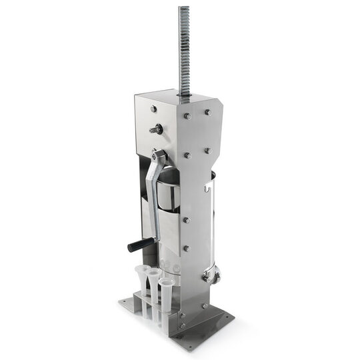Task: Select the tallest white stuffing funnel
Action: pyautogui.click(x=141, y=279)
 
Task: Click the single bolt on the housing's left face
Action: pyautogui.click(x=154, y=109)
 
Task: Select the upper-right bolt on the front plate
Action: pyautogui.click(x=207, y=113)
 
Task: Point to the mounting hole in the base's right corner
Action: pyautogui.click(x=231, y=318)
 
